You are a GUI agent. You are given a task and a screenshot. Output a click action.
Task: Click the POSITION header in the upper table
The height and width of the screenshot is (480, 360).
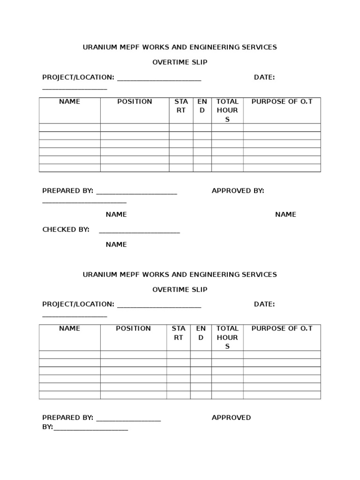pyautogui.click(x=135, y=102)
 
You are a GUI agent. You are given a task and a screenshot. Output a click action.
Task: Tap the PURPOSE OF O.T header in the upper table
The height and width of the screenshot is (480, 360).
pyautogui.click(x=282, y=102)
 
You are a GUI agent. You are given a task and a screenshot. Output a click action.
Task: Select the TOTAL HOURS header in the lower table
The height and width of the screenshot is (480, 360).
pyautogui.click(x=227, y=337)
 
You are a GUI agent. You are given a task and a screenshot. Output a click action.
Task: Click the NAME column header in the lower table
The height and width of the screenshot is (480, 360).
pyautogui.click(x=69, y=329)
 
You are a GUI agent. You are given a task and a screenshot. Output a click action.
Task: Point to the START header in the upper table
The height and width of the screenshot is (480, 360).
pyautogui.click(x=181, y=106)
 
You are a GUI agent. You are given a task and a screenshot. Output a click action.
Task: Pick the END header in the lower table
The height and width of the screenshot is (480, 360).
pyautogui.click(x=201, y=333)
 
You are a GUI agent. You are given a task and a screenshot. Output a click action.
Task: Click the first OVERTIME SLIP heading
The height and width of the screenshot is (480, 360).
pyautogui.click(x=180, y=62)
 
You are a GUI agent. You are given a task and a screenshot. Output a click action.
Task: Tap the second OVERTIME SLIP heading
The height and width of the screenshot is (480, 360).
pyautogui.click(x=180, y=290)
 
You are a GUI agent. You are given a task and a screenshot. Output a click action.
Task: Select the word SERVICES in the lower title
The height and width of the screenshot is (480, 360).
pyautogui.click(x=260, y=275)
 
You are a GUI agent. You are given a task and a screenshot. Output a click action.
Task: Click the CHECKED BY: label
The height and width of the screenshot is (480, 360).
pyautogui.click(x=66, y=230)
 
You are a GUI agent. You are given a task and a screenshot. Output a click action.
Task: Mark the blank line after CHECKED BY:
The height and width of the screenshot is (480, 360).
pyautogui.click(x=139, y=232)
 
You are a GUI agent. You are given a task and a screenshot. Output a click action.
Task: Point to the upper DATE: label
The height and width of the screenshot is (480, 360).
pyautogui.click(x=264, y=77)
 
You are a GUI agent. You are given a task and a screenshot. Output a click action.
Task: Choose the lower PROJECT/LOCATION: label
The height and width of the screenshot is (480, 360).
pyautogui.click(x=78, y=304)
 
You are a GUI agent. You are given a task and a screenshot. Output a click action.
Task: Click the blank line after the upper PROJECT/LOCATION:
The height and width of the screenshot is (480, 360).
pyautogui.click(x=159, y=80)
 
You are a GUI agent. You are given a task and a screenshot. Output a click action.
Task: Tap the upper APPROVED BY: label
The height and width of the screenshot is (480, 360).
pyautogui.click(x=238, y=191)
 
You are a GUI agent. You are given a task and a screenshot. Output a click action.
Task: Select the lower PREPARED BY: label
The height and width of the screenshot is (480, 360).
pyautogui.click(x=67, y=418)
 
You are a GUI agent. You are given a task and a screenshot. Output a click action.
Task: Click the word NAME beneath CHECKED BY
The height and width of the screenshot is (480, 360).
pyautogui.click(x=116, y=245)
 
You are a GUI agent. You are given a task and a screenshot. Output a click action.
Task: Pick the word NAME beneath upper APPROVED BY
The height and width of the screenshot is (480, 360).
pyautogui.click(x=285, y=215)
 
